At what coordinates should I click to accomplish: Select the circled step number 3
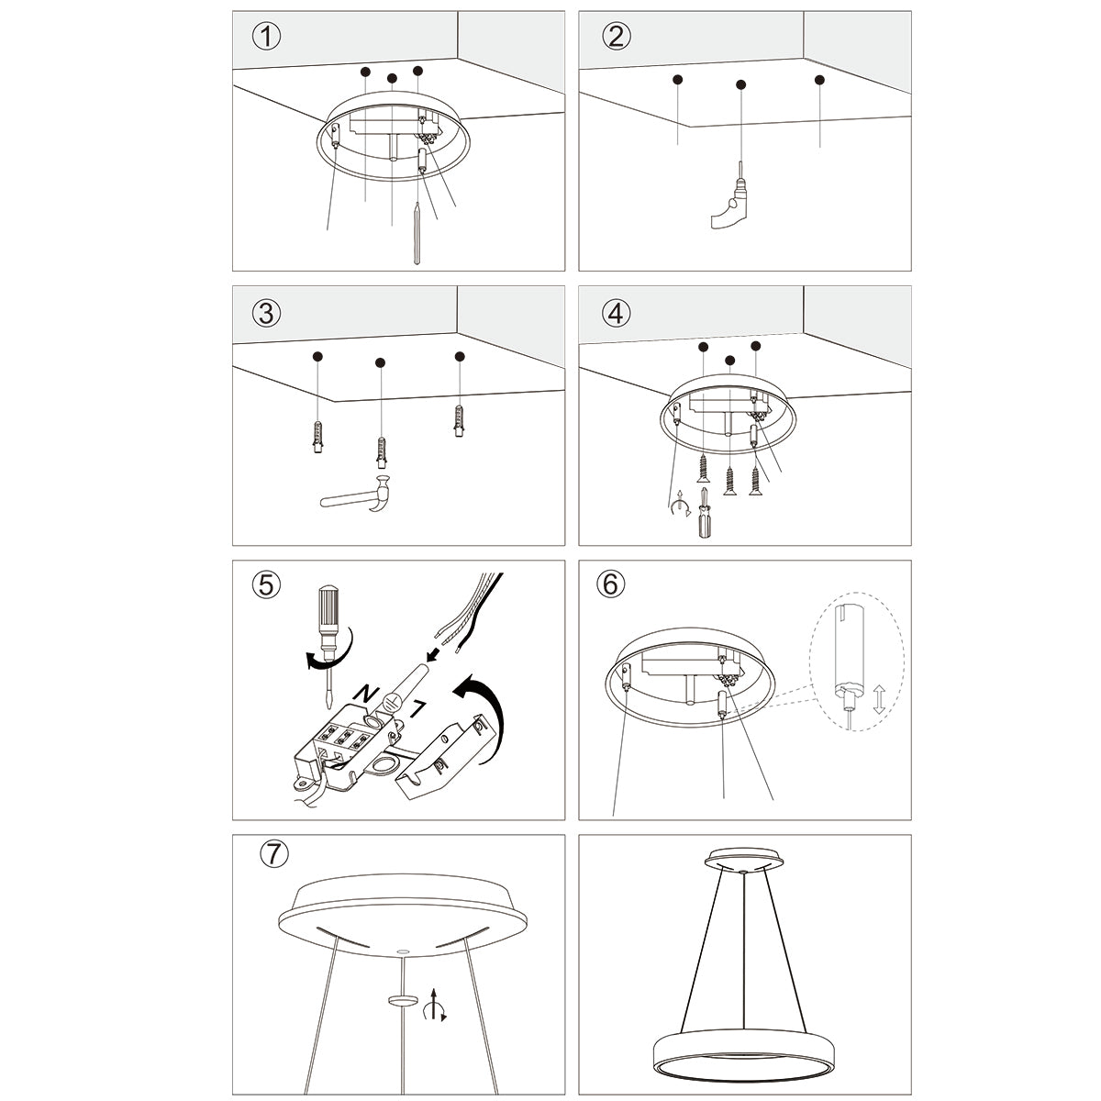266,313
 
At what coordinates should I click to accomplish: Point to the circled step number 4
616,313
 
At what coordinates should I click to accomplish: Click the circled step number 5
266,584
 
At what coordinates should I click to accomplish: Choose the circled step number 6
610,584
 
